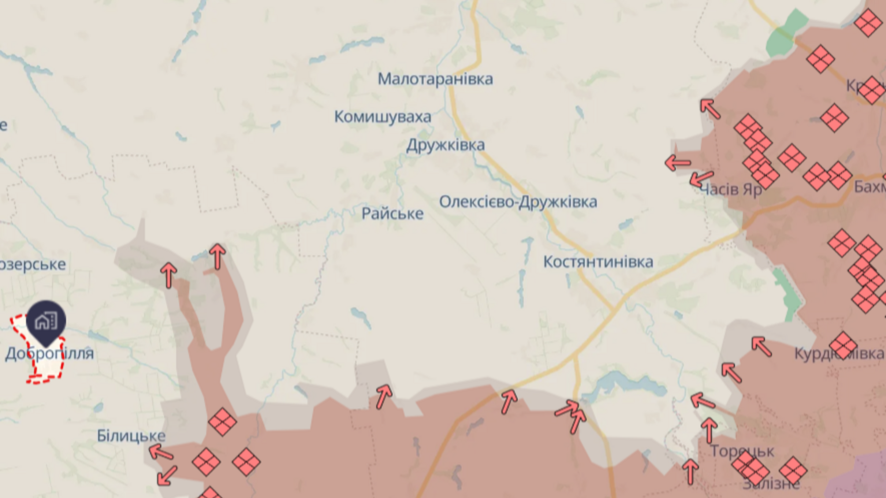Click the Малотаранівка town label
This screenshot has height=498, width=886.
[435, 79]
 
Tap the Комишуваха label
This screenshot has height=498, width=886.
[382, 117]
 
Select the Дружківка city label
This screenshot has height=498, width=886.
[445, 145]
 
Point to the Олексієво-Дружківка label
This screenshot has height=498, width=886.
[518, 202]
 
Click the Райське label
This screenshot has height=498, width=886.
[392, 214]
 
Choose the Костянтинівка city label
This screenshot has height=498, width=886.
[598, 262]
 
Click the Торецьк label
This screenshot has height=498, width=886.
[742, 451]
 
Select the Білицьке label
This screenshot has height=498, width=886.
[131, 436]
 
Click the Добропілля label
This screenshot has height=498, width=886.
[49, 353]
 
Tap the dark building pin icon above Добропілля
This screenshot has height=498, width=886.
[46, 321]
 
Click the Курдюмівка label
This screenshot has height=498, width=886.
[838, 353]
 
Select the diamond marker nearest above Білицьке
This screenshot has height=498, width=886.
[222, 422]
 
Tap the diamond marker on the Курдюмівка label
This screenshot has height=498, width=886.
[843, 345]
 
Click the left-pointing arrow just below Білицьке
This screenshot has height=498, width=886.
[161, 452]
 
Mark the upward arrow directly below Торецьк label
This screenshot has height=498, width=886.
[690, 471]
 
